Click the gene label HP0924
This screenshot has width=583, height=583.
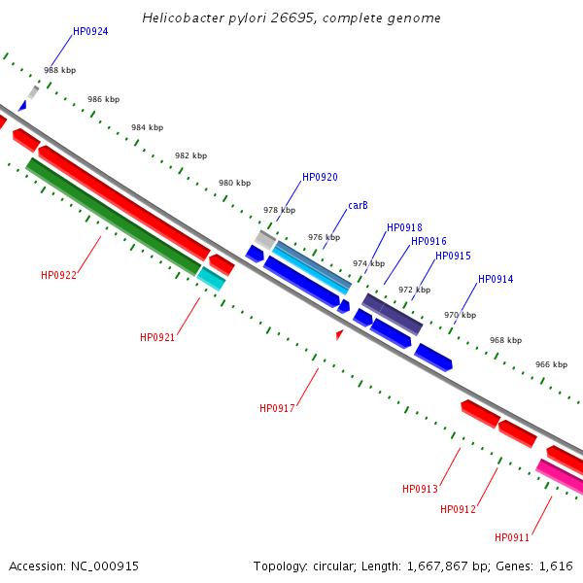pyautogui.click(x=90, y=31)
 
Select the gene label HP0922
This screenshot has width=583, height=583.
pyautogui.click(x=58, y=275)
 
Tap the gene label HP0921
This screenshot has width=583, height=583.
pyautogui.click(x=157, y=337)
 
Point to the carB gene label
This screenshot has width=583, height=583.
pyautogui.click(x=358, y=205)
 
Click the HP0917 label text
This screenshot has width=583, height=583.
pyautogui.click(x=277, y=408)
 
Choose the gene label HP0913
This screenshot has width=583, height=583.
pyautogui.click(x=420, y=489)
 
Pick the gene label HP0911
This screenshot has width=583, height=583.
pyautogui.click(x=512, y=537)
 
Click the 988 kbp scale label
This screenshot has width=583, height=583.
pyautogui.click(x=59, y=70)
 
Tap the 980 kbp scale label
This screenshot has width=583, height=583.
pyautogui.click(x=234, y=183)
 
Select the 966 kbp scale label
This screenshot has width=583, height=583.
pyautogui.click(x=551, y=364)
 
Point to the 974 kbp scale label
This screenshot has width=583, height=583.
pyautogui.click(x=368, y=263)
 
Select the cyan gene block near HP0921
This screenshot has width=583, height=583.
pyautogui.click(x=211, y=279)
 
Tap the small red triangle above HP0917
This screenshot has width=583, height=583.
pyautogui.click(x=339, y=334)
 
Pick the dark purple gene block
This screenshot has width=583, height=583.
pyautogui.click(x=392, y=313)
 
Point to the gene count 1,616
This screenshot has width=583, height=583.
pyautogui.click(x=555, y=566)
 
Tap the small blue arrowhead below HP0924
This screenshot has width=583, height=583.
pyautogui.click(x=21, y=105)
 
